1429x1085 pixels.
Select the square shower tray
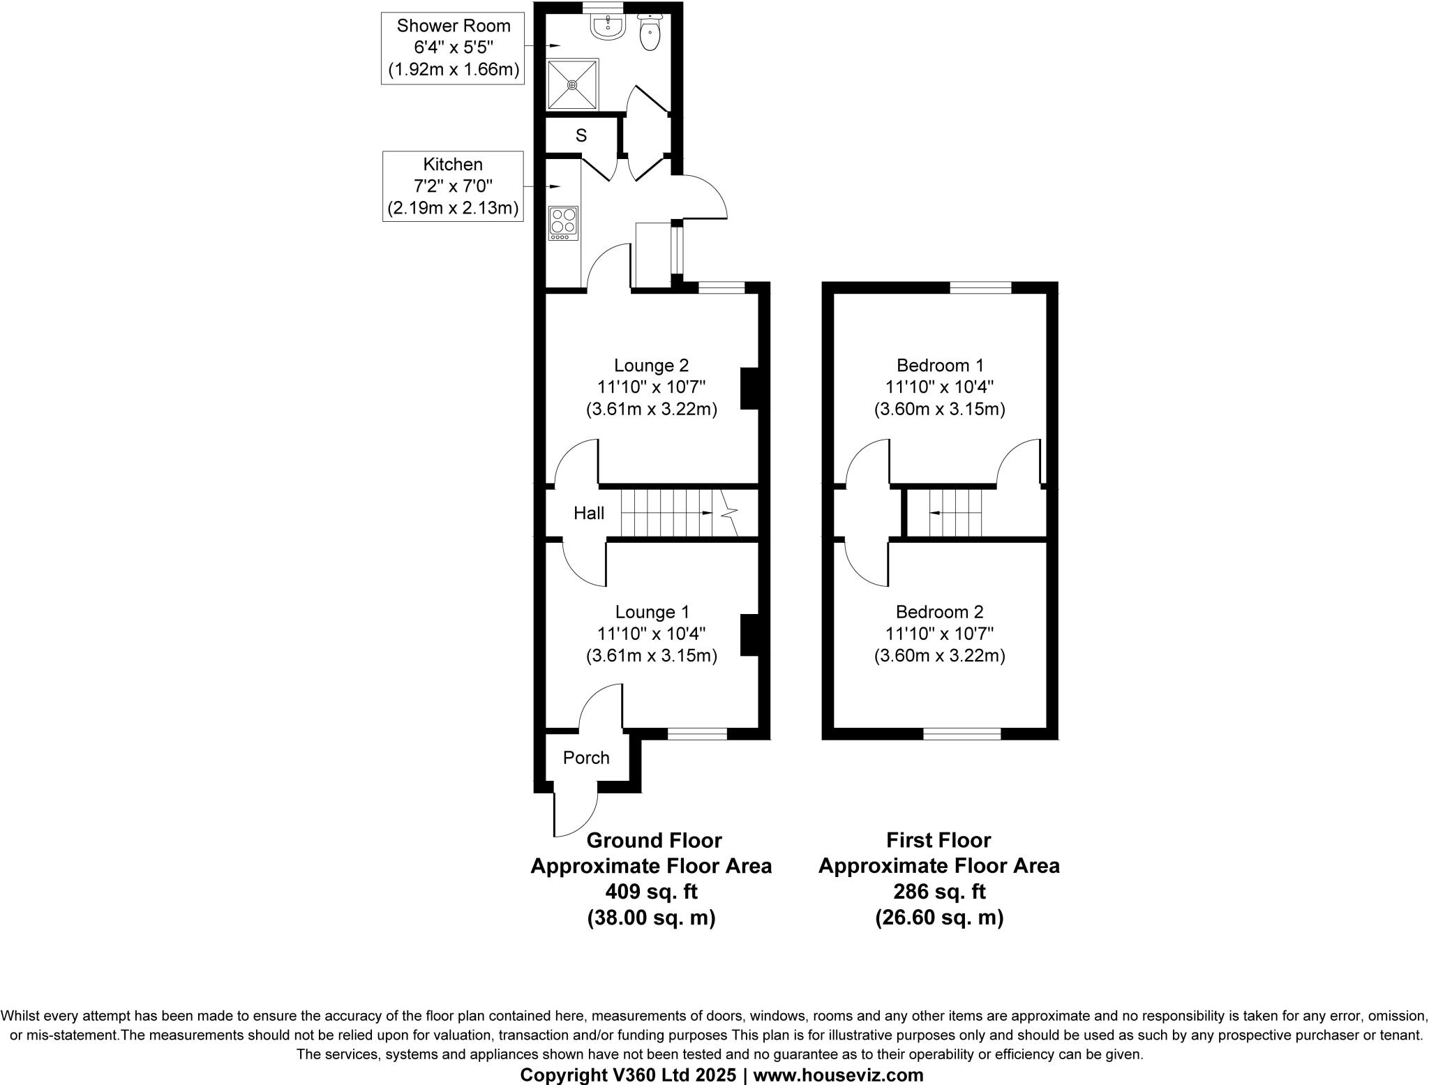coord(572,84)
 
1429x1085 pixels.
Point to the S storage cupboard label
coord(581,136)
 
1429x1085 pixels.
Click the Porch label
coord(586,758)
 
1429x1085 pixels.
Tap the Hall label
coord(589,514)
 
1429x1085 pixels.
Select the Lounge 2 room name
coord(651,365)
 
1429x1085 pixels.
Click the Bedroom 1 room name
coord(940,365)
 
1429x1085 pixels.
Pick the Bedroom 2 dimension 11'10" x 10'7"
coord(940,634)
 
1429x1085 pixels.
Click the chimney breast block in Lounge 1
coord(749,634)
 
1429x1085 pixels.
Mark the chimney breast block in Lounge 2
coord(749,388)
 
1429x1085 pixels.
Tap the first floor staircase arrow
coord(935,513)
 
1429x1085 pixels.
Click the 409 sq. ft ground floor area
coord(651,892)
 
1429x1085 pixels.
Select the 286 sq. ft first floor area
coord(939,892)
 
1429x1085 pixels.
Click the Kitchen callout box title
coord(453,165)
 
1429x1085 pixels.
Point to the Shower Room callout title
coord(454,26)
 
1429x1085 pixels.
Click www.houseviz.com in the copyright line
coord(838,1075)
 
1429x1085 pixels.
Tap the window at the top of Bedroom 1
coord(980,287)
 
